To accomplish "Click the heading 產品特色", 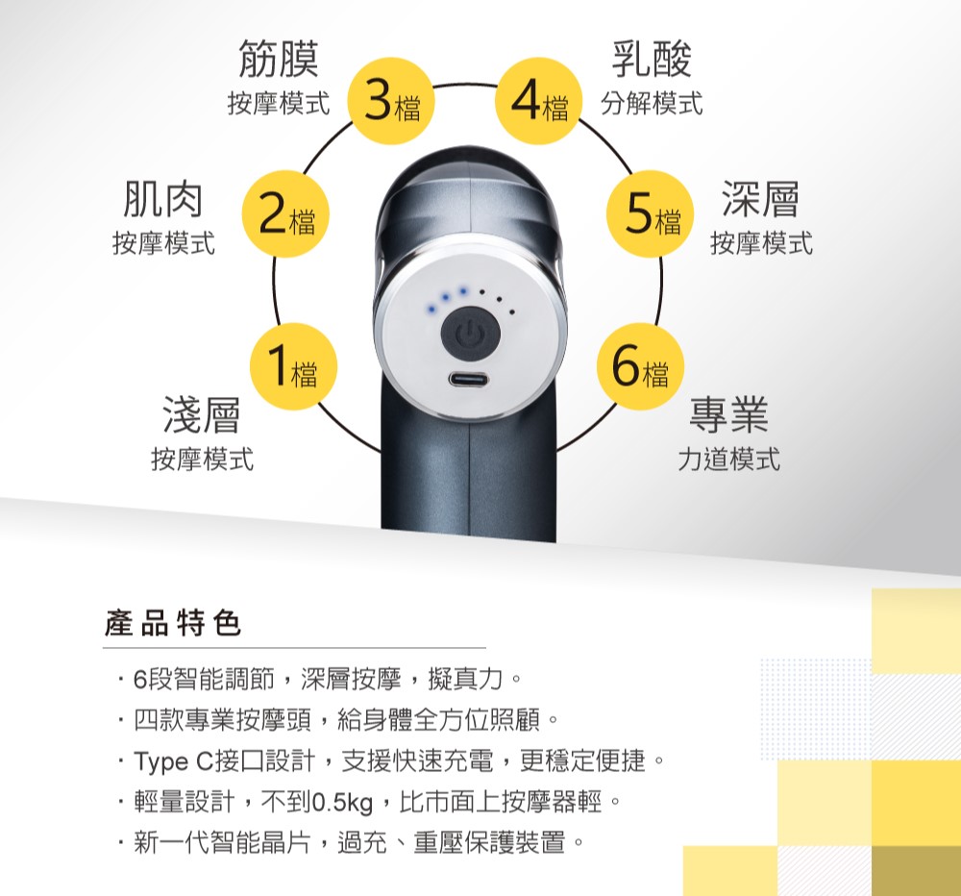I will tap(173, 625).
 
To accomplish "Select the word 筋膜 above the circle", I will tap(279, 59).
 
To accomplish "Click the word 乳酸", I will tap(652, 59).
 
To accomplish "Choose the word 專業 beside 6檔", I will tap(728, 414).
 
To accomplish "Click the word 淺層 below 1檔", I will tap(202, 414).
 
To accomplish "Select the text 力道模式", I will tap(728, 460).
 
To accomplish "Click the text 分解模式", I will tap(652, 103).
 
